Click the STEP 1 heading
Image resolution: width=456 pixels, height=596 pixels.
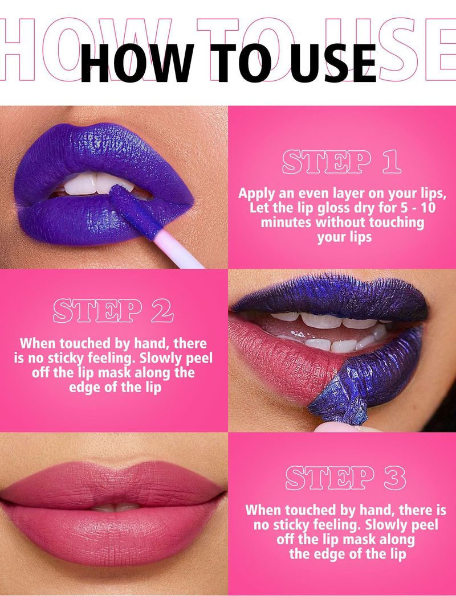tap(341, 162)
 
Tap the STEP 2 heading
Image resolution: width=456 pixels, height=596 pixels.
tap(113, 311)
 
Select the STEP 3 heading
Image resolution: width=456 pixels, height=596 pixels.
tap(345, 478)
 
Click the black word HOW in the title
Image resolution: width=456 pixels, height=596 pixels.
tap(136, 64)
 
